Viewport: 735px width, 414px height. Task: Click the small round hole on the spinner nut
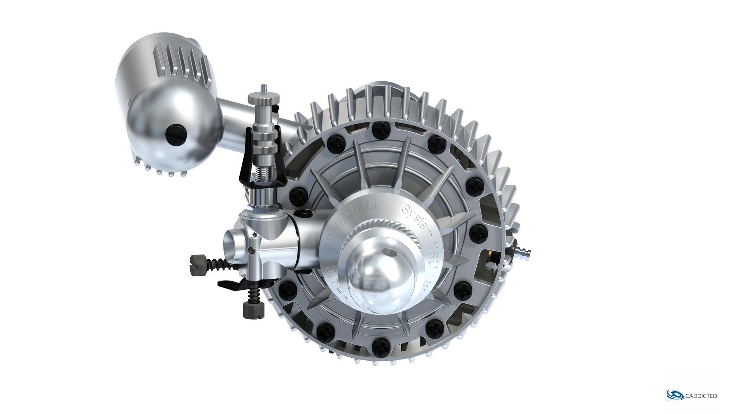tap(390, 253)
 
